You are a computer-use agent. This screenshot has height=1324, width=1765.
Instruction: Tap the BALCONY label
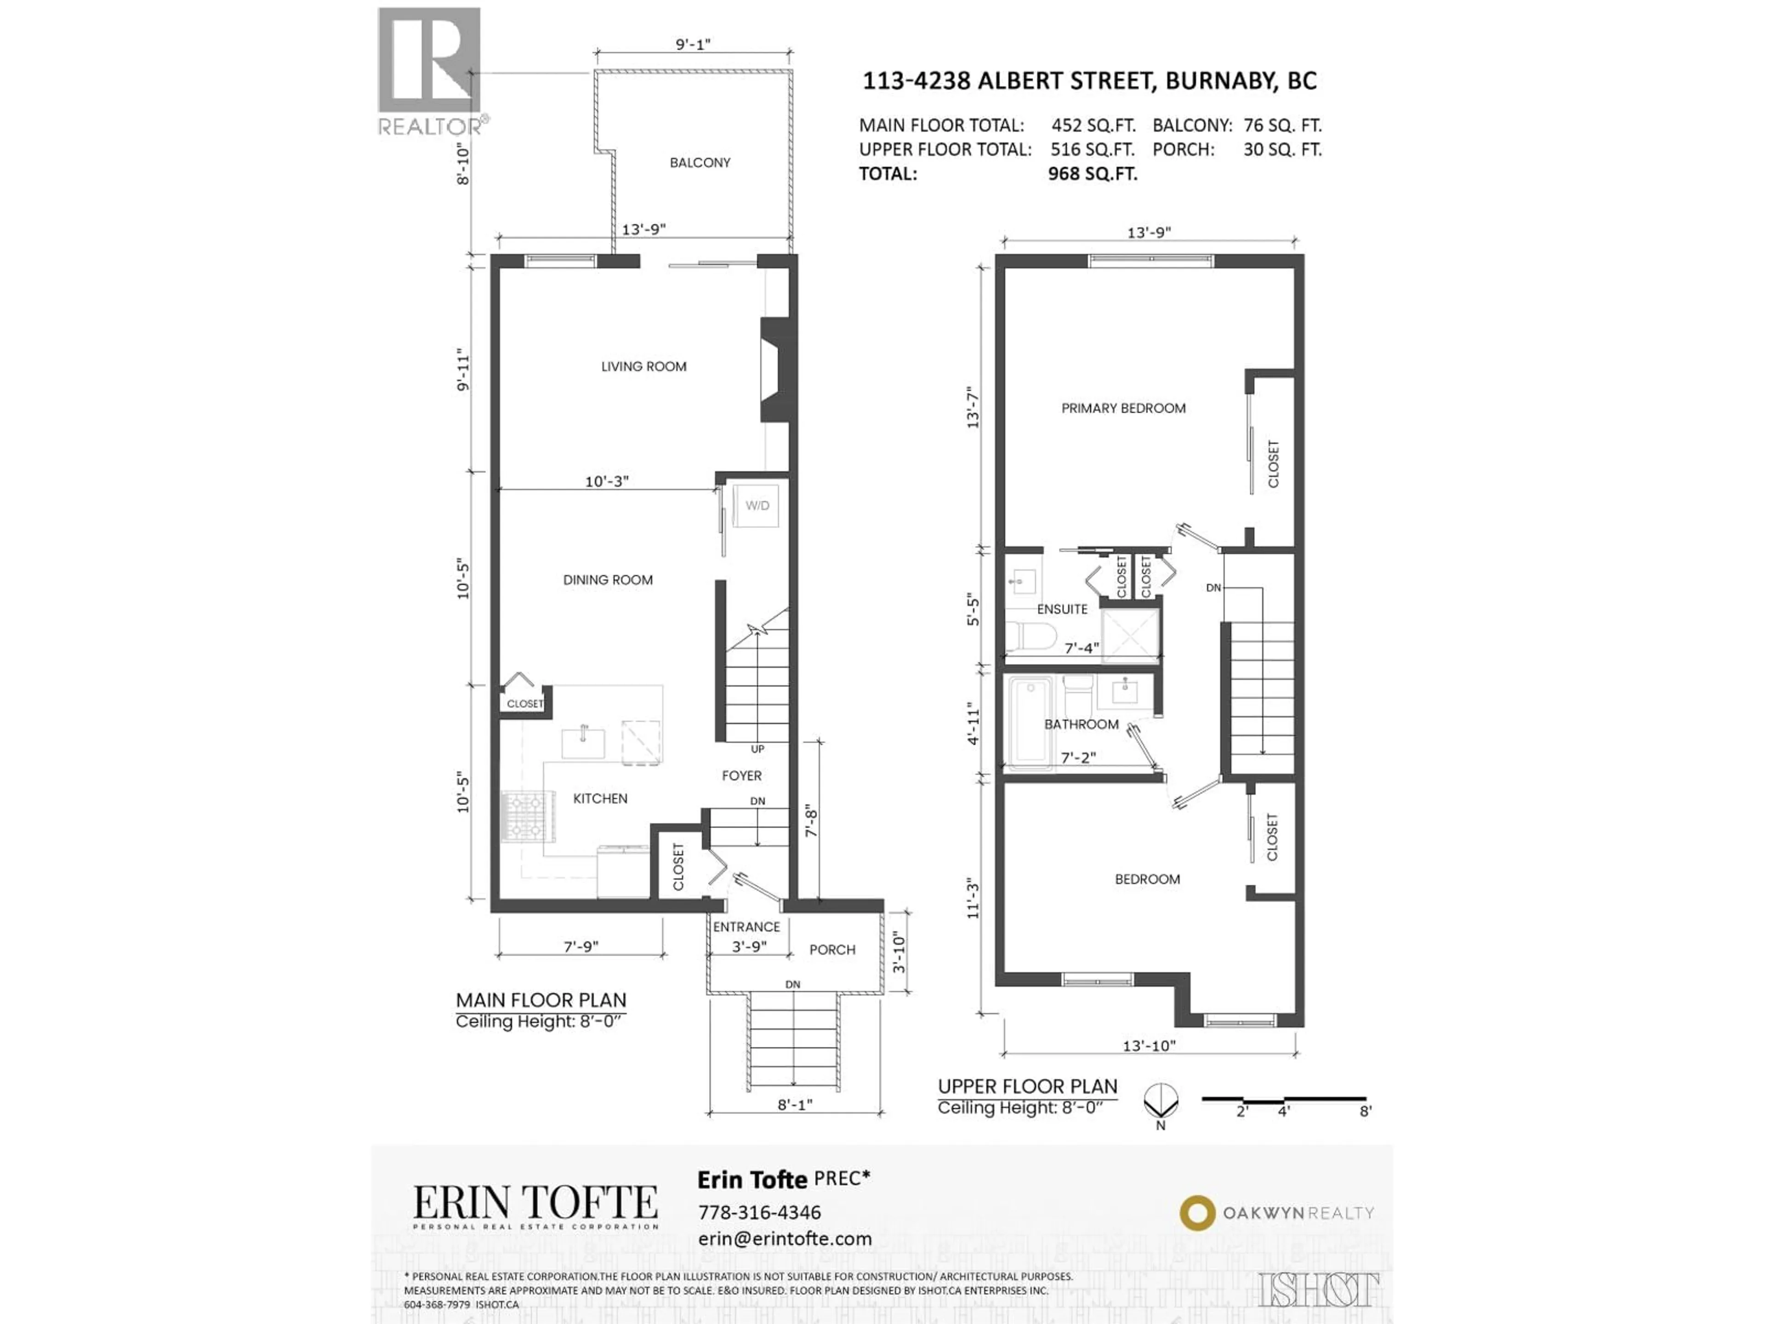click(700, 163)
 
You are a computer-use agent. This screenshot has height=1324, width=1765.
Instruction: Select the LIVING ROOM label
click(643, 366)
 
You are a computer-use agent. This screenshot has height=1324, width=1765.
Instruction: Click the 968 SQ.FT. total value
click(1093, 174)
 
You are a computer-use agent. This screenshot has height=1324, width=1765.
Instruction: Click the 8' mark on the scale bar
click(1365, 1111)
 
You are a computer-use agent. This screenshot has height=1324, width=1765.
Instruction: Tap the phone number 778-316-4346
click(759, 1212)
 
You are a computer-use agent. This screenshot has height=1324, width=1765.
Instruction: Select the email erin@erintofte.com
click(784, 1238)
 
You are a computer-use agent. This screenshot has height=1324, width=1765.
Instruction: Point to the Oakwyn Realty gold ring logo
click(1197, 1213)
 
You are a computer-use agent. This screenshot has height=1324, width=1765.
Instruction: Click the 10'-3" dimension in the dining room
click(606, 481)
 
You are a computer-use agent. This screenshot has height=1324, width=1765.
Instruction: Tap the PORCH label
click(832, 950)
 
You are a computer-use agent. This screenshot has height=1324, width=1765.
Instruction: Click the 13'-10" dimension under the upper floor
click(1149, 1045)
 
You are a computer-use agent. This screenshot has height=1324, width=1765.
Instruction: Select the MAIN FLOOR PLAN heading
click(540, 1000)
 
